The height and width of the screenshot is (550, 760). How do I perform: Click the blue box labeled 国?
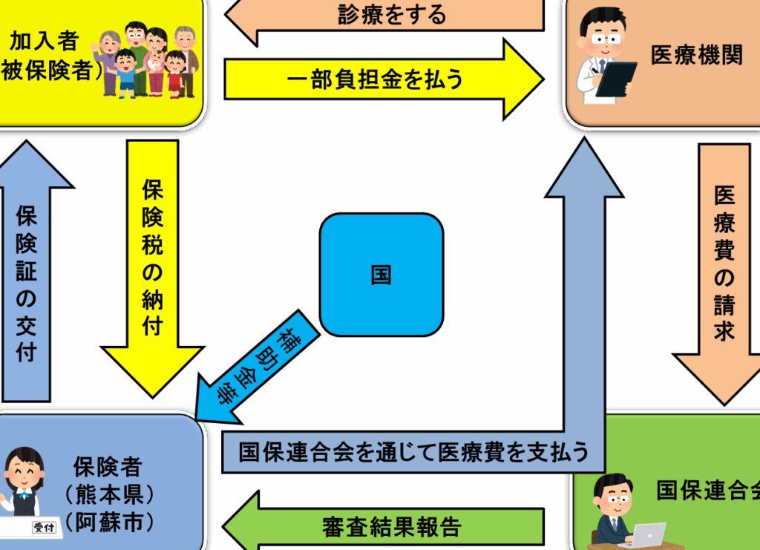tap(381, 275)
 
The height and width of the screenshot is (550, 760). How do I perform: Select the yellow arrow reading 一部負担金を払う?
tap(384, 79)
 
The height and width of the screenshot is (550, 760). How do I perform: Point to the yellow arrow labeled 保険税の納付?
tap(152, 269)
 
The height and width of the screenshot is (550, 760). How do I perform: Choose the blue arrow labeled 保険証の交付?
tap(27, 272)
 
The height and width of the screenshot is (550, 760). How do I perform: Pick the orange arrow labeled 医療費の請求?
tap(724, 274)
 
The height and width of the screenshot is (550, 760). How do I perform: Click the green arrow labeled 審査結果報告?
tap(384, 526)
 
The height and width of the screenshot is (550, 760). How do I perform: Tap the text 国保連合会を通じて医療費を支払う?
tap(413, 452)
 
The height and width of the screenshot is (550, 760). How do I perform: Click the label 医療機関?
tap(696, 55)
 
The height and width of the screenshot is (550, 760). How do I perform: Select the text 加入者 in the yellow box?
tap(44, 41)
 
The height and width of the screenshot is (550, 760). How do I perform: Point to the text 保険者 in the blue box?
tap(108, 467)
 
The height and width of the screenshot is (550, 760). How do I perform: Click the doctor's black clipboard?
tap(616, 79)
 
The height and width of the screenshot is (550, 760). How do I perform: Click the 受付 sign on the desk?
tap(44, 527)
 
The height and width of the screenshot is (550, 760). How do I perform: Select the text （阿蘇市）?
tap(110, 523)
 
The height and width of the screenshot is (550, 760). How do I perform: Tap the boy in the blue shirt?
tap(126, 73)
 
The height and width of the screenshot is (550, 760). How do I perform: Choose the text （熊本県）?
tap(110, 495)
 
